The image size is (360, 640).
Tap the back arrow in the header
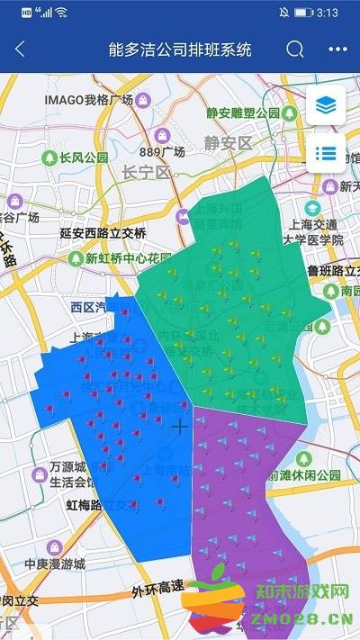pos(20,50)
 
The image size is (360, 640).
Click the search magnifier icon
pos(295,50)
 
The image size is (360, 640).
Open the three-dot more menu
pos(337,50)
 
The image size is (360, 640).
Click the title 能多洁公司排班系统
pos(179,50)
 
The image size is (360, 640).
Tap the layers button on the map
pos(326,106)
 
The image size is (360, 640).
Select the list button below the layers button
pos(326,155)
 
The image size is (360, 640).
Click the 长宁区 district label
pos(146,171)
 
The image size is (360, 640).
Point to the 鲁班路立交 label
pos(332,270)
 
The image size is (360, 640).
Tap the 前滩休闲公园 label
pos(309,474)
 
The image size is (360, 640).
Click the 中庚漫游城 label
pos(54,565)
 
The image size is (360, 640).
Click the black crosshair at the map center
pos(181,426)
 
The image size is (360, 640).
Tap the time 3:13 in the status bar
pos(328,14)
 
